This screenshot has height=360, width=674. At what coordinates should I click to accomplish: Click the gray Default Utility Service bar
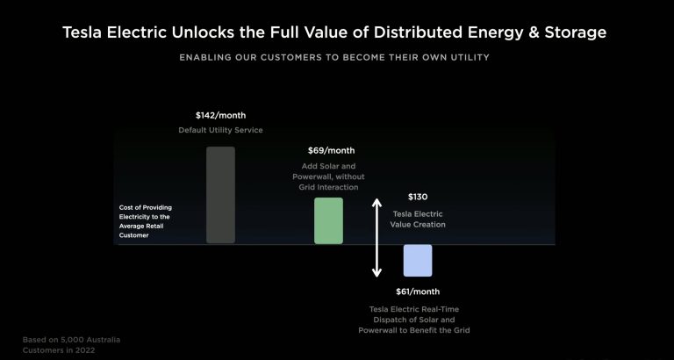(220, 195)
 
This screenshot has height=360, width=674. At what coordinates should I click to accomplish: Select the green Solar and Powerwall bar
(328, 220)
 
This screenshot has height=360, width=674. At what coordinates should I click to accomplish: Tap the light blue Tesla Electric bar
(418, 260)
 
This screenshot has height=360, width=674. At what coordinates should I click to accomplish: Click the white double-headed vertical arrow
(376, 237)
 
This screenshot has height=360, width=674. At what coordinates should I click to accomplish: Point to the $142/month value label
(220, 115)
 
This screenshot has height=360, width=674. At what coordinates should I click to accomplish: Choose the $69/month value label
(331, 150)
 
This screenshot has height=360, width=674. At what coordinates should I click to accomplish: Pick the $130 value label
(418, 197)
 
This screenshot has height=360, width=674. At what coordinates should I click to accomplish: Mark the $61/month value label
(418, 292)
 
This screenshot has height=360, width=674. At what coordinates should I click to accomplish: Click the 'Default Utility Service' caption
(220, 130)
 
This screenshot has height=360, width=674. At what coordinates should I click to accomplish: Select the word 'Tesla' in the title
(82, 32)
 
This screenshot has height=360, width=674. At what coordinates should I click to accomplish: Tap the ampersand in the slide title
(534, 32)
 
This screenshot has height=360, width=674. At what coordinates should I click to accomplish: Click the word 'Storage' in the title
(576, 33)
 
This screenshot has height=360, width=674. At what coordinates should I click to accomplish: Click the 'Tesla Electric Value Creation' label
(418, 219)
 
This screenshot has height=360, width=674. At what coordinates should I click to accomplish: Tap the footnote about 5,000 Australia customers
(71, 345)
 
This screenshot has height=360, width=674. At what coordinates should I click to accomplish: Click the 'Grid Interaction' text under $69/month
(328, 187)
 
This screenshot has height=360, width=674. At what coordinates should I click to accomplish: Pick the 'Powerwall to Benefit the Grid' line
(414, 330)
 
